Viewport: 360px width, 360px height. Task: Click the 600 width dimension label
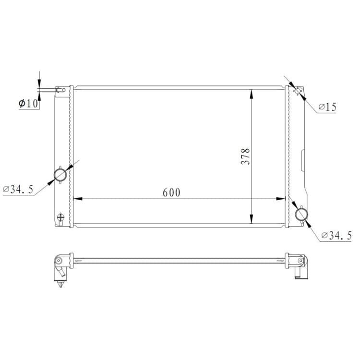pyautogui.click(x=171, y=192)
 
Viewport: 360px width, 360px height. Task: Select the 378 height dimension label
pyautogui.click(x=245, y=156)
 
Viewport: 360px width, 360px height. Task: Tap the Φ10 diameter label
pyautogui.click(x=28, y=104)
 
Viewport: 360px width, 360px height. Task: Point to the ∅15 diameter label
pyautogui.click(x=328, y=107)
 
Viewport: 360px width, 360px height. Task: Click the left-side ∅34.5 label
pyautogui.click(x=18, y=189)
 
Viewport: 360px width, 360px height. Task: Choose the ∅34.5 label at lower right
pyautogui.click(x=336, y=235)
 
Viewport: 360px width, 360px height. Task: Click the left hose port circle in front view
pyautogui.click(x=60, y=175)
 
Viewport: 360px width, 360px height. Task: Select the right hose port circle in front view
pyautogui.click(x=301, y=214)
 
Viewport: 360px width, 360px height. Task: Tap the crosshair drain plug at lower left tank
pyautogui.click(x=60, y=217)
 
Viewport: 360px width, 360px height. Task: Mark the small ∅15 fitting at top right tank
pyautogui.click(x=298, y=91)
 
